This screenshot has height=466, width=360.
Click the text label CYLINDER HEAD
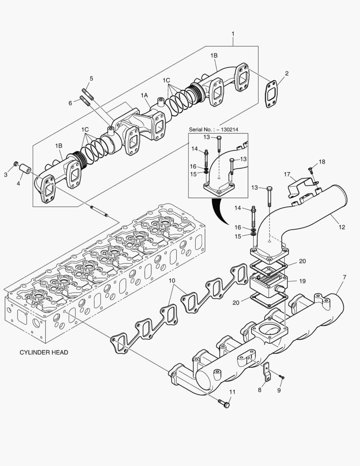[44, 352]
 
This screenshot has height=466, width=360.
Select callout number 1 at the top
[233, 33]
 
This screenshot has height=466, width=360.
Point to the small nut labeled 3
[16, 164]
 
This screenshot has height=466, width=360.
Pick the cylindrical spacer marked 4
[25, 169]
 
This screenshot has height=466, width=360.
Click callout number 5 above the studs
[91, 78]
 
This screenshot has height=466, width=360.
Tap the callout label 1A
[144, 95]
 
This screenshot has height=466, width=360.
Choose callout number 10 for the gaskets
[172, 281]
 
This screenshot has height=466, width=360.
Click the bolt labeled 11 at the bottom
[225, 403]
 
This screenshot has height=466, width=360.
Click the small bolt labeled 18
[311, 170]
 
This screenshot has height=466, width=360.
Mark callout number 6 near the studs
[70, 103]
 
